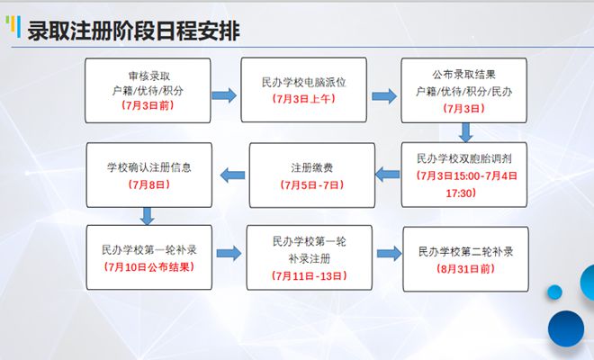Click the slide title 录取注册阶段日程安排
click(x=133, y=31)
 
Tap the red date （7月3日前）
click(x=148, y=105)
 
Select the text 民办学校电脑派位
click(x=304, y=82)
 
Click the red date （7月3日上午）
click(x=304, y=99)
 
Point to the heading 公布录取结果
click(x=464, y=75)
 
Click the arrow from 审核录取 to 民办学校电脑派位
click(x=224, y=95)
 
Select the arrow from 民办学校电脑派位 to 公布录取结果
click(x=384, y=96)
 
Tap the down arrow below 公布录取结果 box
click(x=465, y=132)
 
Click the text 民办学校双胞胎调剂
click(x=464, y=158)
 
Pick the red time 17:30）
click(x=461, y=193)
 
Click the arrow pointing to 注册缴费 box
click(x=387, y=175)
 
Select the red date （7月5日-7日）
click(x=312, y=184)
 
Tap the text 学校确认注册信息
click(x=149, y=167)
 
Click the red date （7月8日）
click(x=149, y=184)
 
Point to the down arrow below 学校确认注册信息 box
click(x=147, y=216)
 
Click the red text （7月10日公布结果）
click(x=149, y=267)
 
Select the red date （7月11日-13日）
click(x=309, y=276)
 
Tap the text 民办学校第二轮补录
click(x=465, y=251)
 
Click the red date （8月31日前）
click(x=465, y=269)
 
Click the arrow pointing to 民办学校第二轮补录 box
click(x=390, y=254)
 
